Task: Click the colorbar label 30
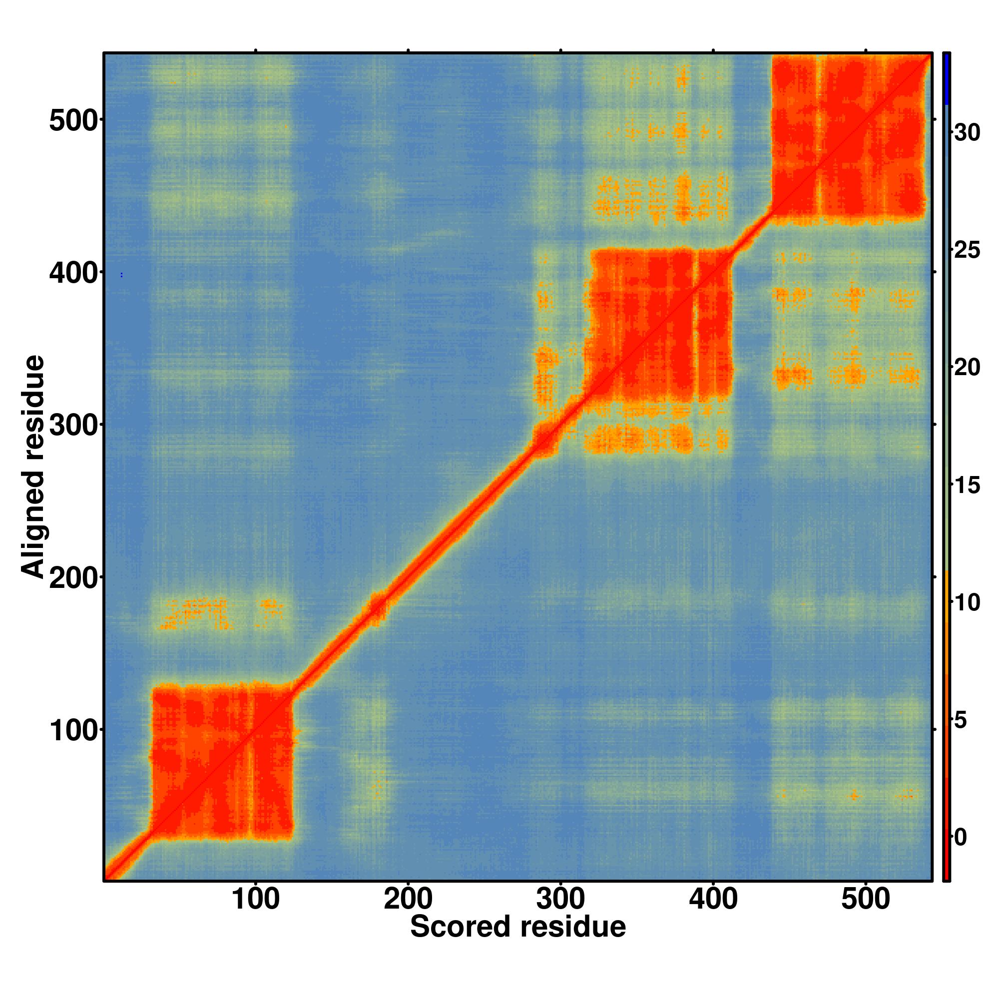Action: point(967,133)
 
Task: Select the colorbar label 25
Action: point(967,251)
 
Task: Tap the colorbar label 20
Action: point(967,368)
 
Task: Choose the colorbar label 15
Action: point(967,486)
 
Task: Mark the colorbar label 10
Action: point(967,603)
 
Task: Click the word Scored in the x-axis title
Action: point(460,941)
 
